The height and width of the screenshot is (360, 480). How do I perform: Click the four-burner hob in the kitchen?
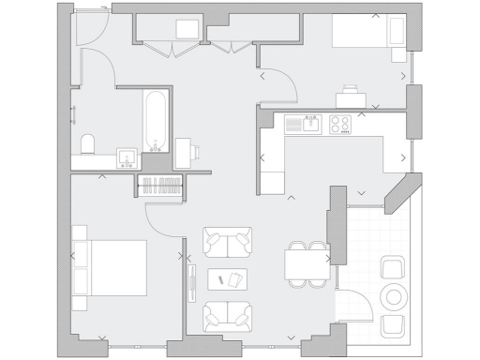[x=338, y=123]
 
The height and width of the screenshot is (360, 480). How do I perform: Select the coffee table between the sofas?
[x=228, y=278]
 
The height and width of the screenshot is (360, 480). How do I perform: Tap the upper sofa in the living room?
[x=228, y=244]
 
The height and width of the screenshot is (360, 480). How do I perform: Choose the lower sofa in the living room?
[x=228, y=315]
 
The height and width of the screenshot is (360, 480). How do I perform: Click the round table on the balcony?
[x=393, y=297]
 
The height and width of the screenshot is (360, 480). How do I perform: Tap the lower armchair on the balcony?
[x=394, y=325]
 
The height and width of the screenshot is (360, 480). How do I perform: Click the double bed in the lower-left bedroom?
[x=111, y=267]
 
